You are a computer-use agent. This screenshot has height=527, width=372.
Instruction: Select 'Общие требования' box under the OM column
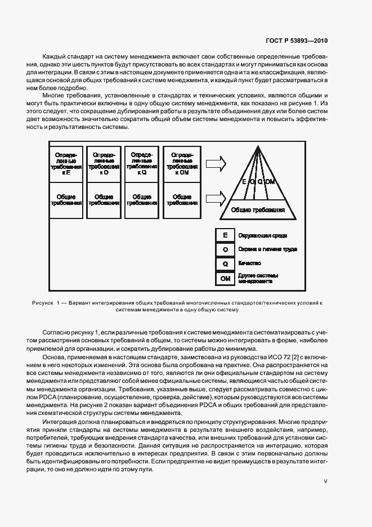click(182, 200)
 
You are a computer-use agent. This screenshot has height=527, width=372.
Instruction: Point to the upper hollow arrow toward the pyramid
click(216, 163)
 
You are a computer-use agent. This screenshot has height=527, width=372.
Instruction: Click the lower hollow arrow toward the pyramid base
click(216, 197)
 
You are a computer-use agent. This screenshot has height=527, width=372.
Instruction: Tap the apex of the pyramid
click(260, 151)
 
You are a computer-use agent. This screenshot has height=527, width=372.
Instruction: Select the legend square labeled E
click(225, 235)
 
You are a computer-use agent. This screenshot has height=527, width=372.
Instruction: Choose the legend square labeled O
click(225, 249)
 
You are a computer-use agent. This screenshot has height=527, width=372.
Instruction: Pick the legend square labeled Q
click(225, 263)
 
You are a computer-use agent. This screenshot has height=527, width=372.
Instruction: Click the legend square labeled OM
click(225, 278)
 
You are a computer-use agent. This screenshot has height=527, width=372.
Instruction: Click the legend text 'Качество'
click(250, 263)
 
